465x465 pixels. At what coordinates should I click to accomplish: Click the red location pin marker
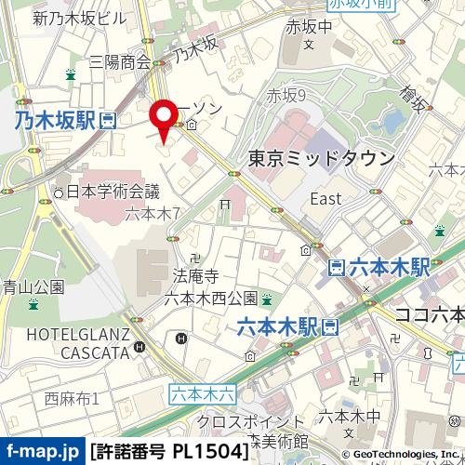tap(165, 118)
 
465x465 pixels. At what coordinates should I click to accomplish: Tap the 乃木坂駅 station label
tap(54, 119)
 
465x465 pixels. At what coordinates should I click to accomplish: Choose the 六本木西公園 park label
tap(210, 298)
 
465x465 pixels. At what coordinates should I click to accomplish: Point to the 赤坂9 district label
tap(286, 95)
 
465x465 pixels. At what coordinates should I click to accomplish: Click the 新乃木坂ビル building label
tap(79, 18)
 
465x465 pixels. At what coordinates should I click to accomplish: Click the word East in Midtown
tap(325, 199)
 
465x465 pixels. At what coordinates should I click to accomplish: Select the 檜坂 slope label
tap(413, 99)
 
